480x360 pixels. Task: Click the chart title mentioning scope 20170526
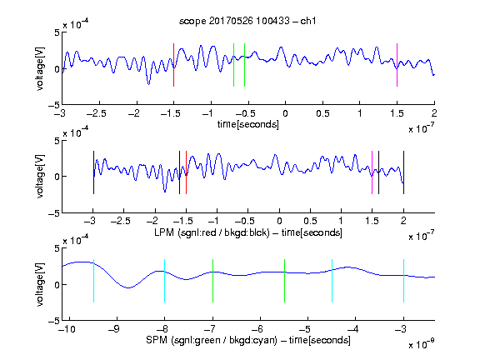[x=247, y=21]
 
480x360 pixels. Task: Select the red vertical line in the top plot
[x=173, y=65]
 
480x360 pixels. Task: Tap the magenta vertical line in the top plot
[x=397, y=65]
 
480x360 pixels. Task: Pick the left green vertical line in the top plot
[x=233, y=65]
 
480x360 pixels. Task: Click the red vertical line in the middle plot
[x=186, y=172]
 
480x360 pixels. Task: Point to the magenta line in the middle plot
[x=372, y=172]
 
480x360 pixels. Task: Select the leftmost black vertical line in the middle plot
[x=93, y=172]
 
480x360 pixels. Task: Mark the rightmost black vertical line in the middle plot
[x=403, y=172]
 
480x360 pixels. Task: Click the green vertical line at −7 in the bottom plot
[x=212, y=281]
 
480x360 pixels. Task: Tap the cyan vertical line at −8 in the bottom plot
[x=165, y=281]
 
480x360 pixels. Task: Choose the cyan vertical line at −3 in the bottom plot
[x=403, y=281]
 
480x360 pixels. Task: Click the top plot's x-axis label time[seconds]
[x=248, y=124]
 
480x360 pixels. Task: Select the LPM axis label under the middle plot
[x=248, y=232]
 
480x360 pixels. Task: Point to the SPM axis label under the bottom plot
[x=248, y=340]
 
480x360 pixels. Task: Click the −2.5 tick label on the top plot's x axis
[x=97, y=113]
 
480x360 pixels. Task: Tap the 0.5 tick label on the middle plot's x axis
[x=310, y=221]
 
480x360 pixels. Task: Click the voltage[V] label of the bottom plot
[x=40, y=284]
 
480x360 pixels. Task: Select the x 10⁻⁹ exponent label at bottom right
[x=422, y=344]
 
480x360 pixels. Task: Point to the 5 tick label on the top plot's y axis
[x=57, y=32]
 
